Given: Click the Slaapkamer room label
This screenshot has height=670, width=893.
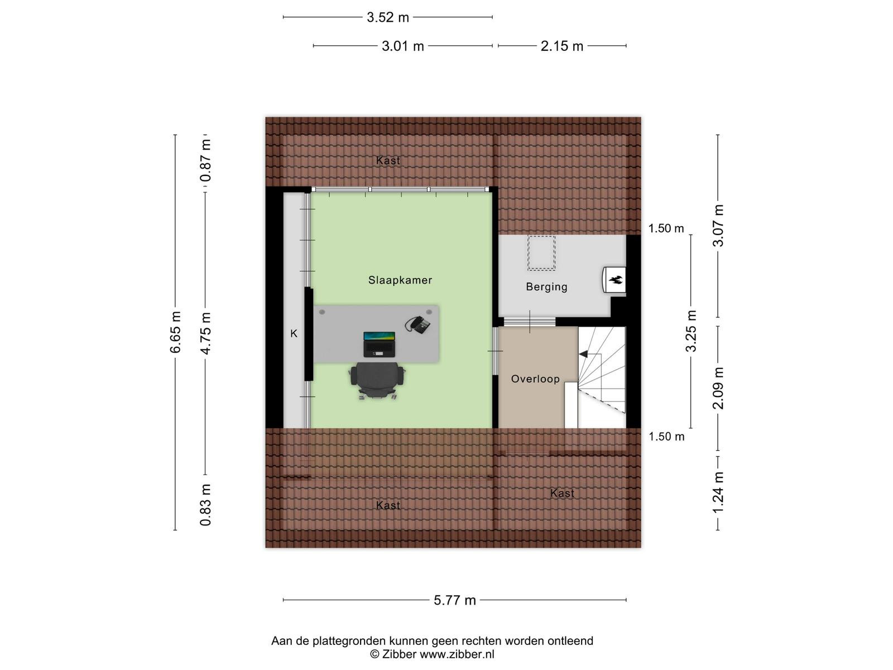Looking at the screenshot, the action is [400, 280].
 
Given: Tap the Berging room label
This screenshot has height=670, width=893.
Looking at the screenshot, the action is [546, 287].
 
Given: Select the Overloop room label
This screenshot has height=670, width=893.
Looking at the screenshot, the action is [535, 379].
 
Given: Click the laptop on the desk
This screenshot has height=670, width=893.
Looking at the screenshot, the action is [379, 344].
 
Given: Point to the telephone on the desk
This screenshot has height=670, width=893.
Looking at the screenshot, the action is [417, 324].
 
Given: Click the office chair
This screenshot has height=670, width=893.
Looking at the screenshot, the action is [377, 380].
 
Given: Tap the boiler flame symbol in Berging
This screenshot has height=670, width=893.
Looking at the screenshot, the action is [616, 280].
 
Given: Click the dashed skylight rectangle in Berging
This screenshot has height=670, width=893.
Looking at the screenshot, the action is [541, 252].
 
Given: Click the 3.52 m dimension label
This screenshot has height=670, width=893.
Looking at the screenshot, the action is [388, 17].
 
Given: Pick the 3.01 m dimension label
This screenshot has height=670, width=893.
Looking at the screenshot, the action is [403, 46].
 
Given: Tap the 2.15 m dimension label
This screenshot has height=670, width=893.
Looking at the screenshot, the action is [562, 46].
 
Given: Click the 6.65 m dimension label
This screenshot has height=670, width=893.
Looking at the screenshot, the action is [175, 332].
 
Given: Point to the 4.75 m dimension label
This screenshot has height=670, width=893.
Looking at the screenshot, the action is [205, 333].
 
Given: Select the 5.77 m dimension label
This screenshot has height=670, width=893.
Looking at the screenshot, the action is [454, 600].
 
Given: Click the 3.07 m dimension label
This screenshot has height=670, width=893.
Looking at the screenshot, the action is [718, 226].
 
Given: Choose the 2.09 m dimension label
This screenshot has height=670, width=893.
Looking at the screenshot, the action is [718, 388].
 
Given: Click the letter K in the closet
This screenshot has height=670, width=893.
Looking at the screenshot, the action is [294, 333].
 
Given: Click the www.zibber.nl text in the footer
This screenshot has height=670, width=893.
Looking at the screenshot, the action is [457, 654].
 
